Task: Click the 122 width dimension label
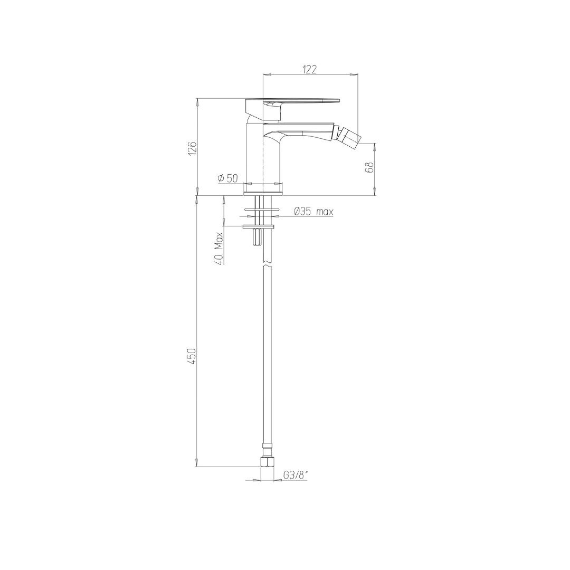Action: point(309,69)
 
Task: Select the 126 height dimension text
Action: point(192,148)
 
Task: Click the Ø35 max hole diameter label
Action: point(313,211)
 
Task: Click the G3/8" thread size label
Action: point(296,475)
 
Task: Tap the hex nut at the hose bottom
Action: point(267,462)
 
